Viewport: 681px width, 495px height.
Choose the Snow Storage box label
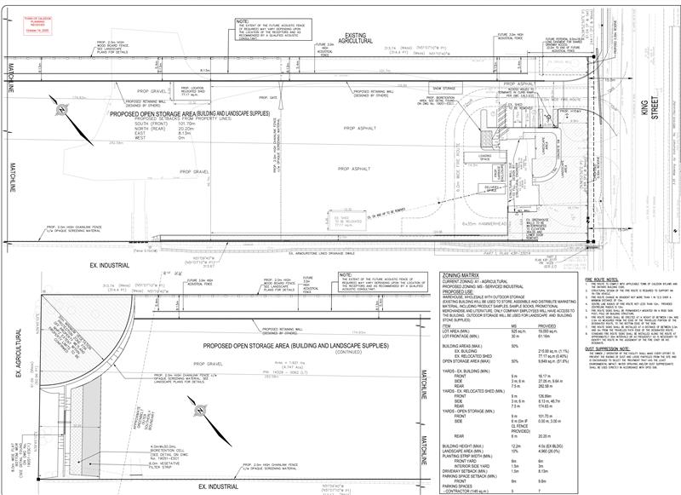[x=444, y=88]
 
